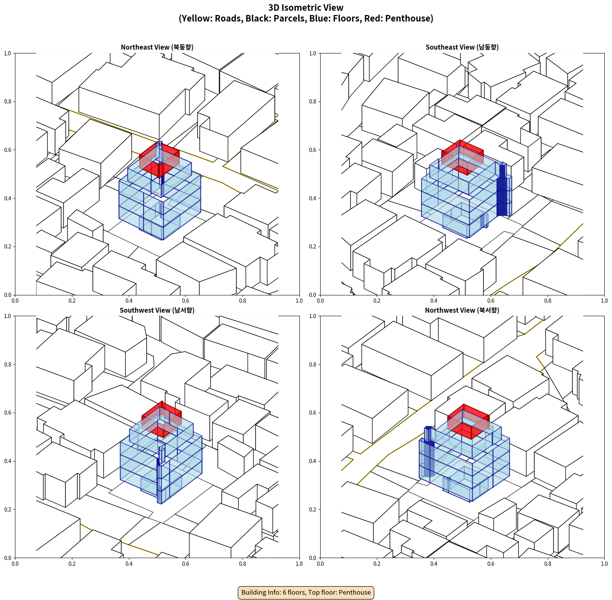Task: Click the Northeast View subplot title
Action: tap(157, 47)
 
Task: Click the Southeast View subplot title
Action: tap(462, 47)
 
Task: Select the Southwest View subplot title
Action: tap(157, 310)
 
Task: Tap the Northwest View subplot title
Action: tap(462, 310)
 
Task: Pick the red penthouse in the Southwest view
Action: tap(162, 419)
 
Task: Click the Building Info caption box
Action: tap(306, 592)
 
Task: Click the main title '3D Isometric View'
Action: tap(306, 8)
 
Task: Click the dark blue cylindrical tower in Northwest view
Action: tap(429, 451)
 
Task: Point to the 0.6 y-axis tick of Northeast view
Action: tap(8, 150)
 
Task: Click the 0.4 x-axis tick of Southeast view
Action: tap(434, 300)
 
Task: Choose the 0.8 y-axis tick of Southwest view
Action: tap(8, 364)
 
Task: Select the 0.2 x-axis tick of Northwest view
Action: tap(377, 563)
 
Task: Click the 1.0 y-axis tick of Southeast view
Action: tap(313, 53)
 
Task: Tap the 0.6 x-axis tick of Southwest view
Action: tap(186, 563)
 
